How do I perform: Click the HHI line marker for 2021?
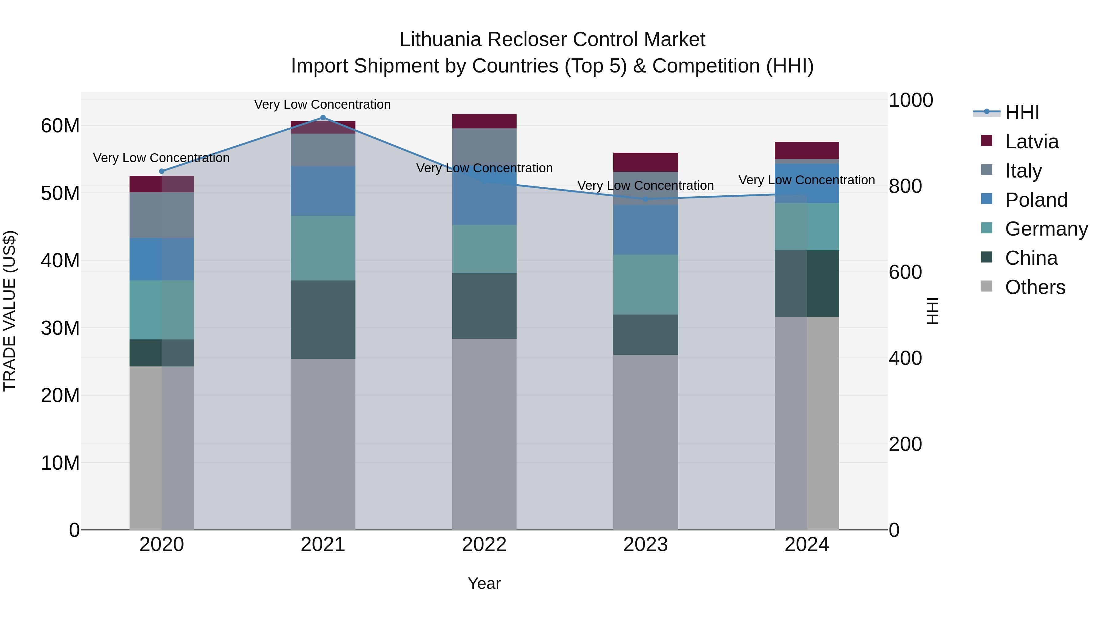click(323, 118)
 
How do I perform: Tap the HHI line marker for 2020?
click(162, 171)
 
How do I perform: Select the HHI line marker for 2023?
click(646, 199)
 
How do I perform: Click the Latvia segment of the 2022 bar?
click(484, 121)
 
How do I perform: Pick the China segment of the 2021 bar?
click(323, 319)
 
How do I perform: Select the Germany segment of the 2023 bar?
click(646, 285)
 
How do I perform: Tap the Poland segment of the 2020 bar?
click(162, 259)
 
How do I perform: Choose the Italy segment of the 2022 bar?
click(484, 146)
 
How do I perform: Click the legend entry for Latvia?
click(1031, 142)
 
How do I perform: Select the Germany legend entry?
click(1046, 229)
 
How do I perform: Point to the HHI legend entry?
click(1022, 112)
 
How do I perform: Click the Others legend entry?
click(1035, 287)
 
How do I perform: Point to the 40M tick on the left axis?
click(60, 260)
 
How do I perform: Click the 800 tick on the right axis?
click(905, 186)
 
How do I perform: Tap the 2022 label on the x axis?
click(484, 545)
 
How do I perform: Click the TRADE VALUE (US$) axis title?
click(10, 311)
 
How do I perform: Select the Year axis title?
click(484, 583)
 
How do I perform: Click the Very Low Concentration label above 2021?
click(323, 104)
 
